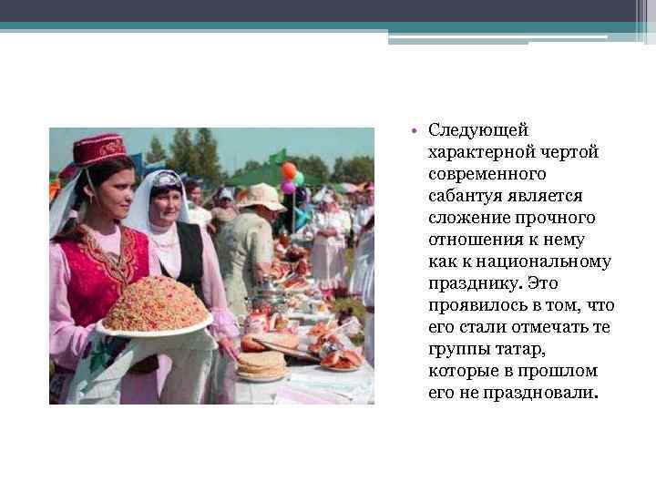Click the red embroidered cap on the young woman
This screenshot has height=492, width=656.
click(98, 149)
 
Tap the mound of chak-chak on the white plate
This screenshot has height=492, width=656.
click(155, 304)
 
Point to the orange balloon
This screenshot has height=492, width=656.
click(289, 170)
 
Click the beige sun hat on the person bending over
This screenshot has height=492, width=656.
click(261, 196)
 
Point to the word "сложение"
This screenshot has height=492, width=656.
click(466, 218)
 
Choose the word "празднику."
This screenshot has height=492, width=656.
click(473, 283)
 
